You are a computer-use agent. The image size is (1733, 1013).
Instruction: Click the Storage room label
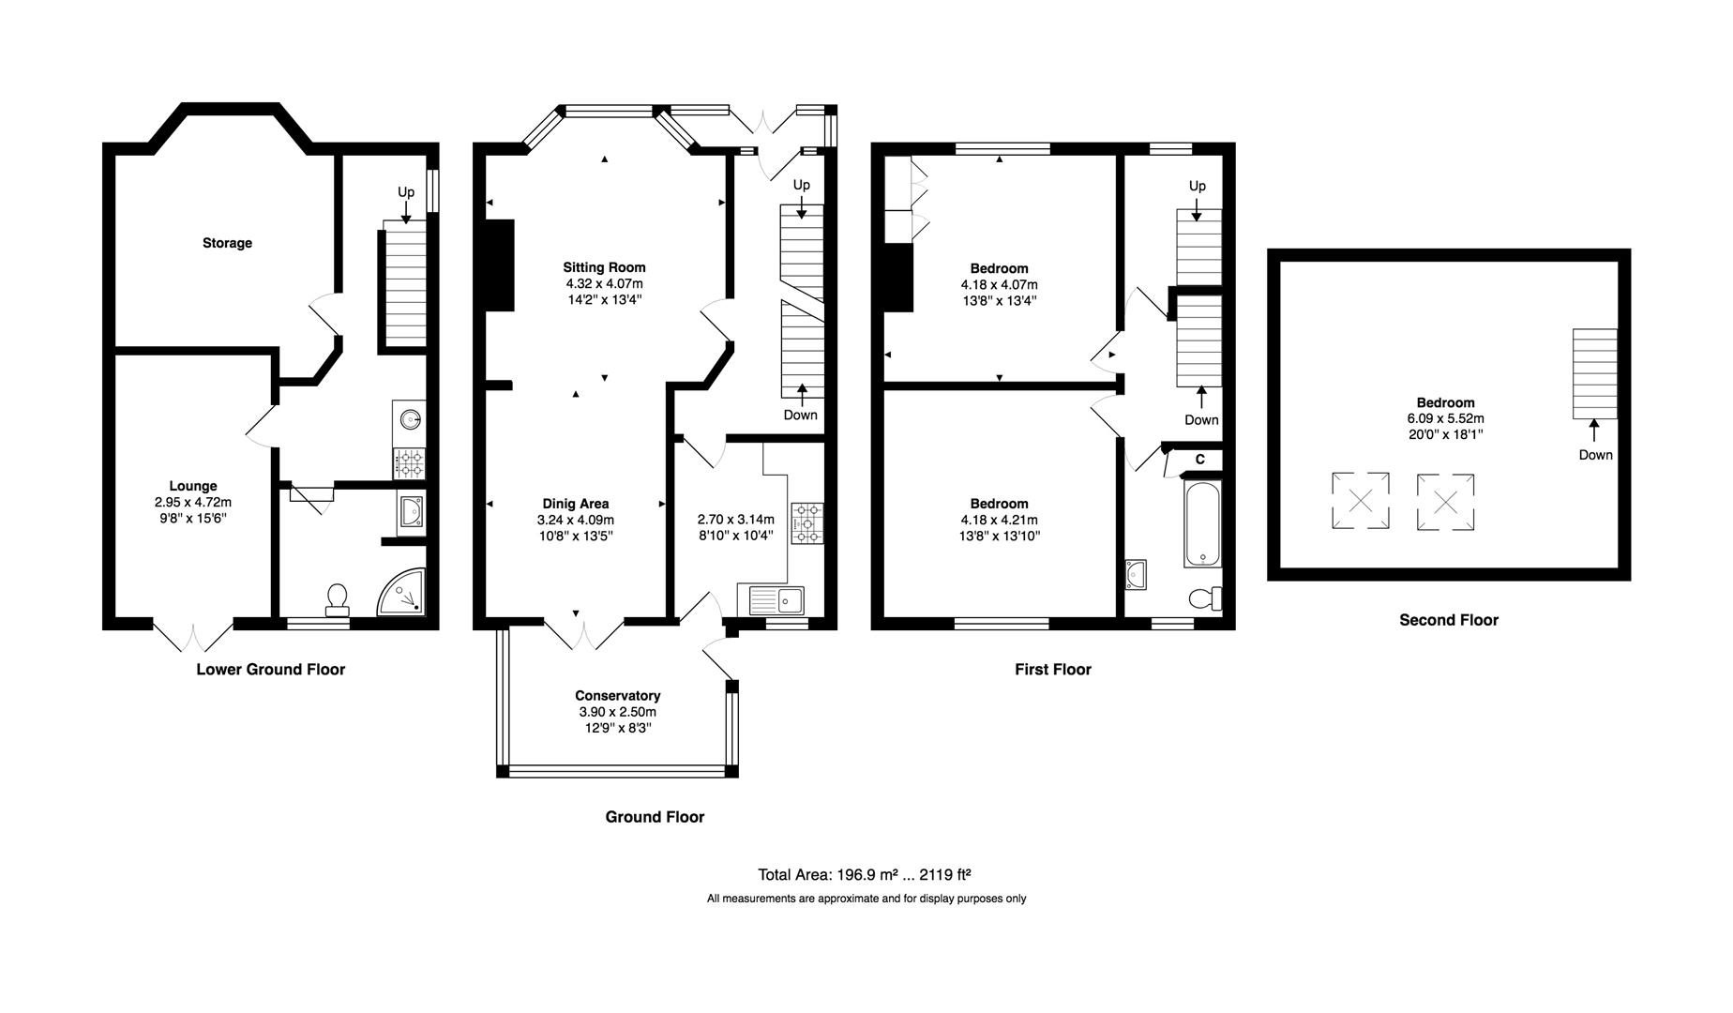[x=227, y=243]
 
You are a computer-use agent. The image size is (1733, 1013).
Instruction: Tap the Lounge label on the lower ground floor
[x=193, y=486]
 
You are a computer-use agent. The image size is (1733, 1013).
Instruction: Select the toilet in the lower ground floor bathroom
[x=338, y=600]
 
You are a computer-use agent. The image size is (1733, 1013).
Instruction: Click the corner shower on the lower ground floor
[x=403, y=592]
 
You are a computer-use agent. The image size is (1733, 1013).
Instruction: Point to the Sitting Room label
[x=604, y=267]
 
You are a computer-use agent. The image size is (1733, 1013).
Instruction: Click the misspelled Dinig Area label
[x=575, y=504]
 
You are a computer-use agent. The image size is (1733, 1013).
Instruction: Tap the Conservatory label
[x=618, y=696]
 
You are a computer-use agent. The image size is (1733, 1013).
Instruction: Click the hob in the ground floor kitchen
[x=807, y=523]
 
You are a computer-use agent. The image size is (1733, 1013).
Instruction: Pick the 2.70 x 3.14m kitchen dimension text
[x=736, y=520]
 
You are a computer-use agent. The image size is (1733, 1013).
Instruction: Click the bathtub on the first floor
[x=1202, y=524]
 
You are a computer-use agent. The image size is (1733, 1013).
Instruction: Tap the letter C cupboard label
[x=1199, y=460]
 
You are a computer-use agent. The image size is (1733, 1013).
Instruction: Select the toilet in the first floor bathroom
[x=1205, y=597]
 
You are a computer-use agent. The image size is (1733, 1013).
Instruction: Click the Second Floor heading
[x=1449, y=620]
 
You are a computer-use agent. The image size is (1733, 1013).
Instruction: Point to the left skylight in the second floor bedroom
[x=1361, y=502]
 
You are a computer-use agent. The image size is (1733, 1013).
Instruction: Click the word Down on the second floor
[x=1595, y=455]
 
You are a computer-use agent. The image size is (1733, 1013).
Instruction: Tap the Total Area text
[x=865, y=875]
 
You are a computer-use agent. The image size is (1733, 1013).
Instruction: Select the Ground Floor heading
[x=655, y=817]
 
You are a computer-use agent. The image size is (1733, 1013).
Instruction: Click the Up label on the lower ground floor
[x=406, y=192]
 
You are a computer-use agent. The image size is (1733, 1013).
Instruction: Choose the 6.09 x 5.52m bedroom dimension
[x=1445, y=418]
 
